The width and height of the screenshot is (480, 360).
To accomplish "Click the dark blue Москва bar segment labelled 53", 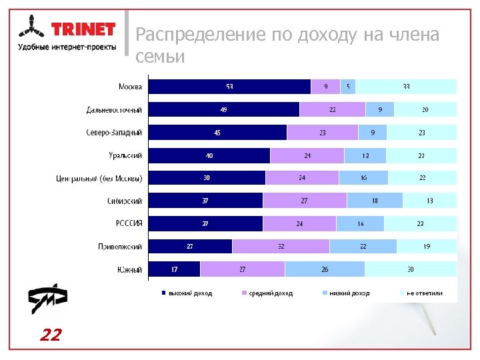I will pos(229,87).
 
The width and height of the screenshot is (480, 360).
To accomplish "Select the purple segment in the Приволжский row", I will pos(281,247).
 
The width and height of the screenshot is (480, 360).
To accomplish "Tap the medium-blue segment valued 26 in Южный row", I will pos(325,269).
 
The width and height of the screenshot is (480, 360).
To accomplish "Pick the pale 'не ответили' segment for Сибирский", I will pos(429,201).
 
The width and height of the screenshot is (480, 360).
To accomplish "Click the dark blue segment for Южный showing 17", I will pos(174,269).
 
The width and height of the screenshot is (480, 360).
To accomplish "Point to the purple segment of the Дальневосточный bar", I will pos(332,109).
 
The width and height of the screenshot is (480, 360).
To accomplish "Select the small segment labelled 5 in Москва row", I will pos(348,87).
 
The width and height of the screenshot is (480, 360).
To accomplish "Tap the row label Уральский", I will pos(125,155).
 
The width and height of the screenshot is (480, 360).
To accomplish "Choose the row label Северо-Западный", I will pos(114,133).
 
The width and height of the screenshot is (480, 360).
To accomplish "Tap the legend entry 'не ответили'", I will pos(424,293).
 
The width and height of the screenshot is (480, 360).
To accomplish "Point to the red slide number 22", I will pos(50,335).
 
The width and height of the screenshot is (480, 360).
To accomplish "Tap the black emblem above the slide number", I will pos(47,300).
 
